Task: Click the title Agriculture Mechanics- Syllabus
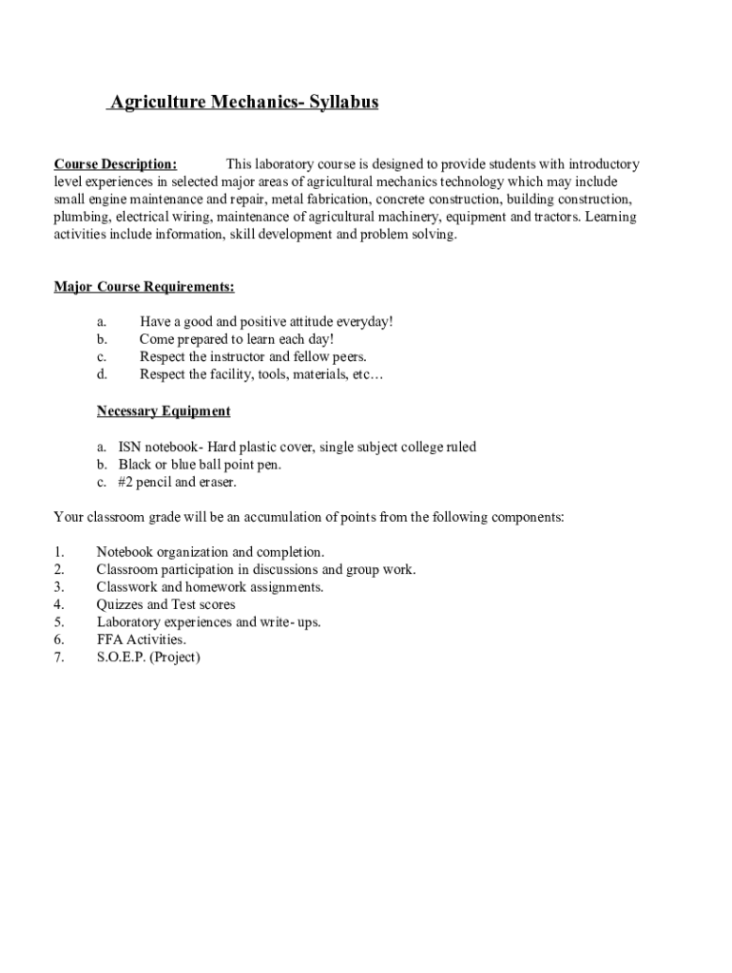[x=243, y=103]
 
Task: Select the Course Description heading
[x=115, y=164]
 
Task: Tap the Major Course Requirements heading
[x=144, y=287]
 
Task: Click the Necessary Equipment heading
[x=164, y=411]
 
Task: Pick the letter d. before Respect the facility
[x=102, y=374]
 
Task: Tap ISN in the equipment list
[x=129, y=447]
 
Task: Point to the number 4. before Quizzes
[x=59, y=604]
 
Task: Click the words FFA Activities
[x=141, y=639]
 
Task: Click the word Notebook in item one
[x=124, y=552]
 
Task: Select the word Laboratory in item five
[x=129, y=622]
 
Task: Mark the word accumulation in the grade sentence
[x=283, y=518]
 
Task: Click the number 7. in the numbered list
[x=59, y=657]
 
